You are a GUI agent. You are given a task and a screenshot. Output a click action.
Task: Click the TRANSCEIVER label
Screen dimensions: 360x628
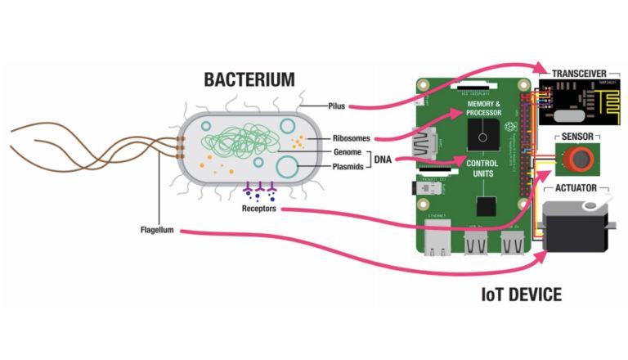tap(580, 74)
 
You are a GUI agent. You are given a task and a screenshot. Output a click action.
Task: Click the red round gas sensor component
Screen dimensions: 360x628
tap(578, 158)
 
